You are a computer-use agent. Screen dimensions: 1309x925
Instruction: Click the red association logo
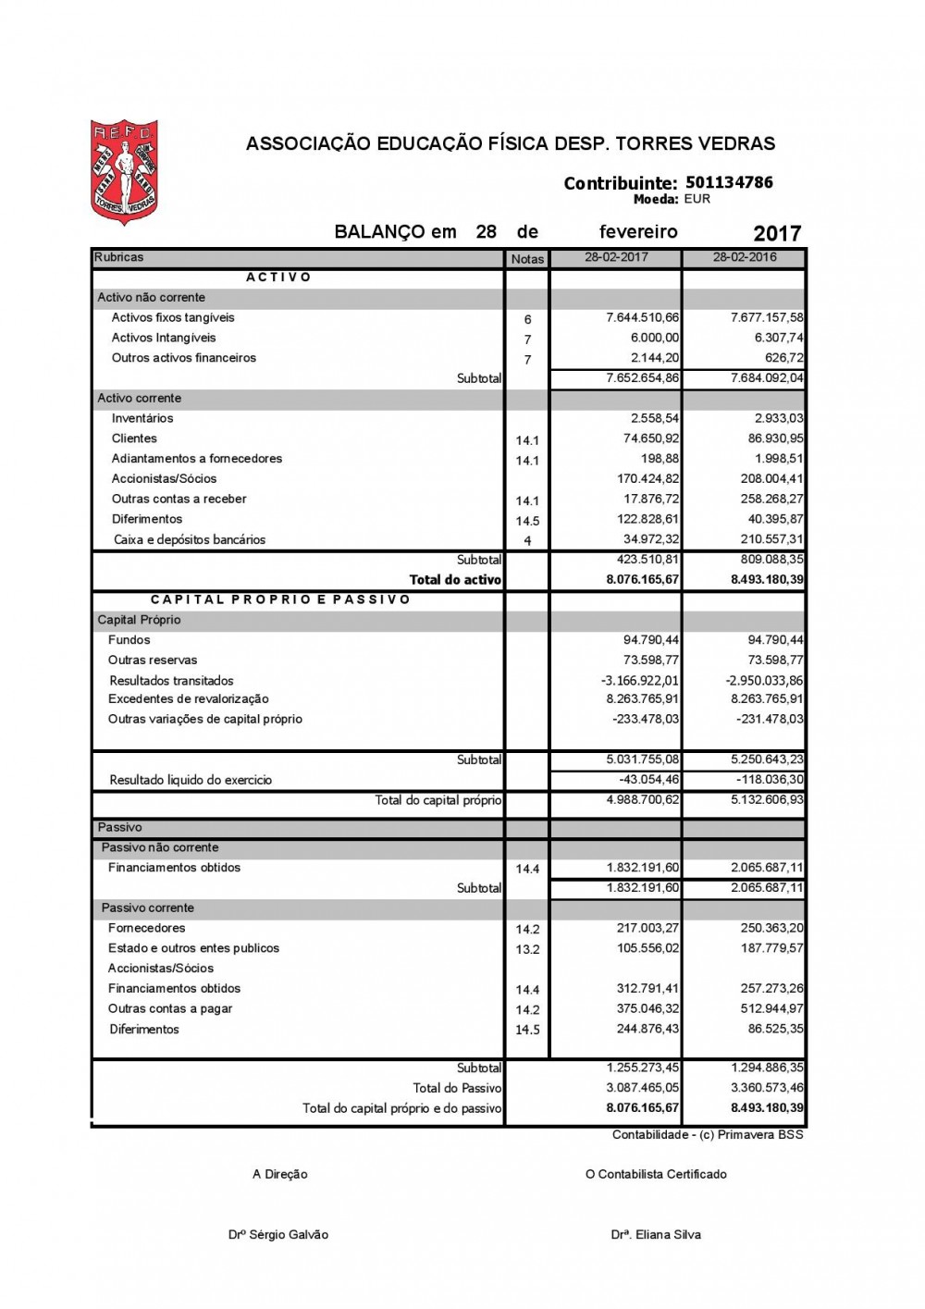point(124,172)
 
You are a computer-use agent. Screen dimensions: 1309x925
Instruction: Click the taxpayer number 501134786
point(729,182)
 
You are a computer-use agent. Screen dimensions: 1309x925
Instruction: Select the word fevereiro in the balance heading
point(638,232)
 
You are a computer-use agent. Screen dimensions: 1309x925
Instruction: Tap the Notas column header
point(527,259)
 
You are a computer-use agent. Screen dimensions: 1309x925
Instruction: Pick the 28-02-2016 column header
point(745,257)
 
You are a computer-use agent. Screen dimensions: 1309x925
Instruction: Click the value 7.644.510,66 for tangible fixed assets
point(642,317)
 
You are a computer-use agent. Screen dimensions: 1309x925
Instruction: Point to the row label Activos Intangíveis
point(164,338)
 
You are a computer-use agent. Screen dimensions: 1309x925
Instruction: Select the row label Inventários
point(142,418)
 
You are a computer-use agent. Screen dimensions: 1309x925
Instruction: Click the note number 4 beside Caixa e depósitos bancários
point(527,540)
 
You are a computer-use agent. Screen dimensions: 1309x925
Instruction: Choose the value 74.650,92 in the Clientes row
point(650,438)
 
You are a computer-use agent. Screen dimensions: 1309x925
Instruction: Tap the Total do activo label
point(455,580)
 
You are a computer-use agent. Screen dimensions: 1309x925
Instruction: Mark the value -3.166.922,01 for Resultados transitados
point(639,680)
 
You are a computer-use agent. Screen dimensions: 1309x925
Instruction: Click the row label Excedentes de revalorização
point(189,699)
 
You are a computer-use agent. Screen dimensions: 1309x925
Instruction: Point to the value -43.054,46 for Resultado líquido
point(648,779)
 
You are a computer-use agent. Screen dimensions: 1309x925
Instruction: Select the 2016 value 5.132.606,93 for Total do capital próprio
point(767,799)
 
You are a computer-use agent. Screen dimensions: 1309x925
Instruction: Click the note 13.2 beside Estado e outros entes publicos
point(527,949)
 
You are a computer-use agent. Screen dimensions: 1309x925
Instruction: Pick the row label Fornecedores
point(147,928)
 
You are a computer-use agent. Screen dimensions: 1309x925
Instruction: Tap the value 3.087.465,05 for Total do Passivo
point(642,1088)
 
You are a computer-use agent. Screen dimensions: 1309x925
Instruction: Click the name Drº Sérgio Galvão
point(278,1234)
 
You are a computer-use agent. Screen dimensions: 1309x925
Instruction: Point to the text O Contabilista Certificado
point(656,1174)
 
